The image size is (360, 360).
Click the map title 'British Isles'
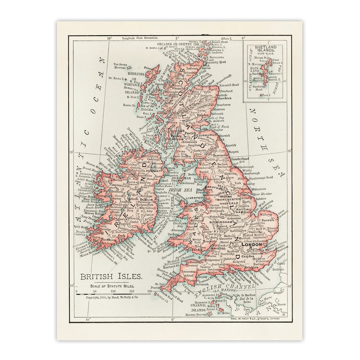(111, 277)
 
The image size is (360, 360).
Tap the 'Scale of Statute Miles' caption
(109, 286)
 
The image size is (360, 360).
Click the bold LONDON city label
(252, 244)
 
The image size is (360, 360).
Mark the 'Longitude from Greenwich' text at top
(137, 38)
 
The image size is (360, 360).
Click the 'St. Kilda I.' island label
(116, 78)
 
